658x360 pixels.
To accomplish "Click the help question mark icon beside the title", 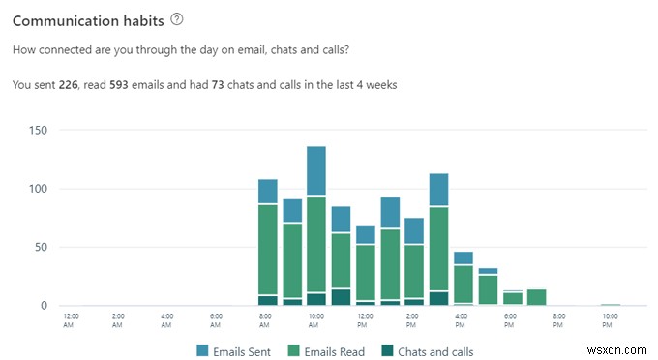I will click(175, 19).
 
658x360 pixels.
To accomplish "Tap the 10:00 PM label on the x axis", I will click(610, 319).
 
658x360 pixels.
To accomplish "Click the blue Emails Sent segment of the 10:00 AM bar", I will click(316, 171).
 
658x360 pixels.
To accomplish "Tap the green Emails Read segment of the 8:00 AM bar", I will click(268, 249).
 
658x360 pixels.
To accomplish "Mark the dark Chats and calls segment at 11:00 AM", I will click(341, 297).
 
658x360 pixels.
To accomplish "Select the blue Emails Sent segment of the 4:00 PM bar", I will click(438, 190).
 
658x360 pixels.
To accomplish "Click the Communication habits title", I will click(87, 20).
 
